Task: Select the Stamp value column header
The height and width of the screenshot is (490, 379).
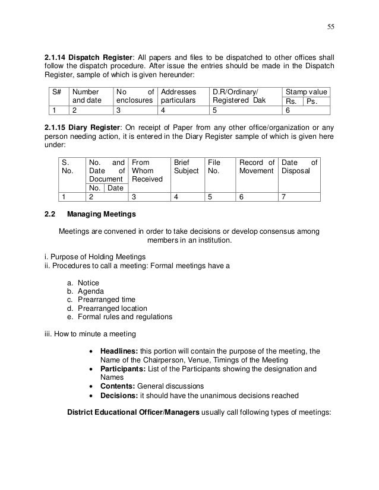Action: (307, 93)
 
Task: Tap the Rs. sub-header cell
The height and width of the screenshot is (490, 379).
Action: (293, 101)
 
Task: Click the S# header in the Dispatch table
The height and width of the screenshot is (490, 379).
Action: (57, 93)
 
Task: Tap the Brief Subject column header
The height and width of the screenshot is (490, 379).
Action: (186, 166)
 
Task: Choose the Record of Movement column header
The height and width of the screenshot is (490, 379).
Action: (256, 166)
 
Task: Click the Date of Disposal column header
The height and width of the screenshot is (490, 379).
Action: (299, 166)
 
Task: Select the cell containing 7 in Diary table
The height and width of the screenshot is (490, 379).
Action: (285, 197)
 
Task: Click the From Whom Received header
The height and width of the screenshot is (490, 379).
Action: (149, 170)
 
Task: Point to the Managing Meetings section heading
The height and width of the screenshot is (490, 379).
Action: (101, 214)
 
